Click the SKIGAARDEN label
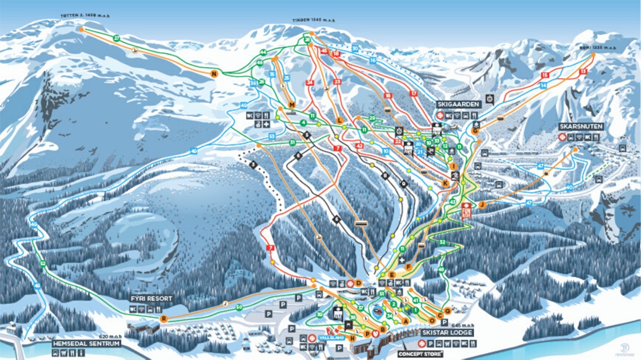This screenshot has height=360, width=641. point(458,104)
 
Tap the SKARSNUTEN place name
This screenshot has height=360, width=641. point(580,127)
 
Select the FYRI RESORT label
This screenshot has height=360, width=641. point(152,298)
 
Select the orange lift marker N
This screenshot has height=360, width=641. point(214,74)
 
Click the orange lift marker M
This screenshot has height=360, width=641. point(292,105)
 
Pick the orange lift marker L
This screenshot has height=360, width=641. point(339,120)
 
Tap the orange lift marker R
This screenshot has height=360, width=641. point(164,318)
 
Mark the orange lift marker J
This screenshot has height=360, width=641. point(483,204)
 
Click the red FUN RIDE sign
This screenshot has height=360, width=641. point(465,211)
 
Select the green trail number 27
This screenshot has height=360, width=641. point(117,38)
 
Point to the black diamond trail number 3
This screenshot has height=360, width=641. point(253,164)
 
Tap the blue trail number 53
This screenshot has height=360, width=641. point(272,136)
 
